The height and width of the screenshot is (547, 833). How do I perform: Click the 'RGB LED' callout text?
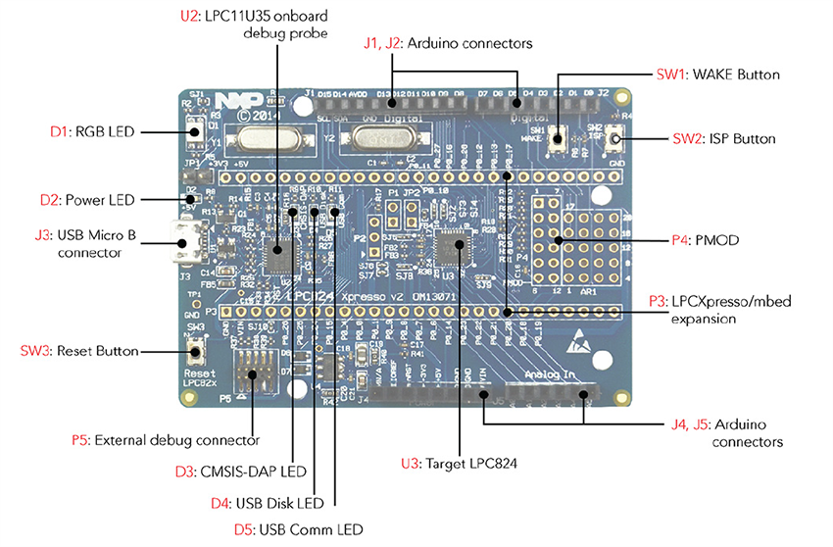click(107, 130)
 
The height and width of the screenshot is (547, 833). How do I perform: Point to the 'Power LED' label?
click(101, 200)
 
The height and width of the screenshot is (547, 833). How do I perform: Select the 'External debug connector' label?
click(177, 440)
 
